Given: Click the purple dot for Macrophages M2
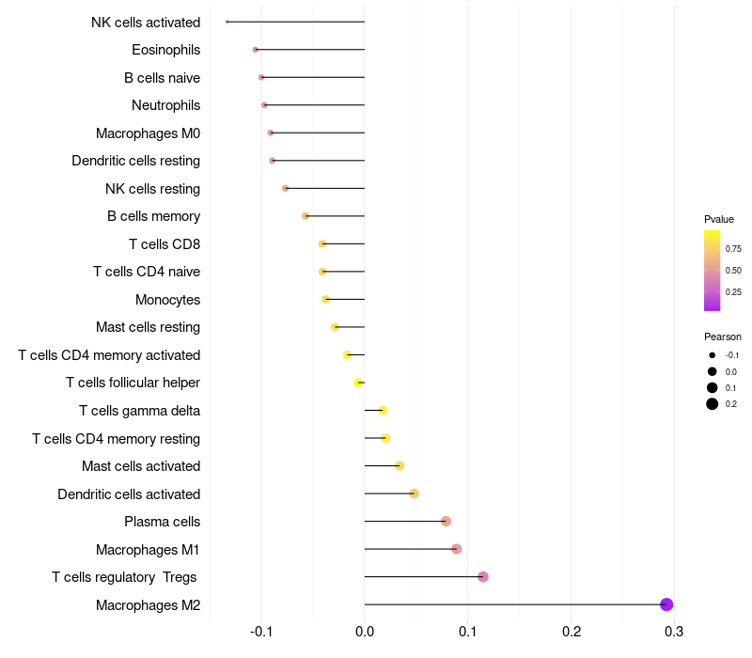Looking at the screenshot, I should (x=666, y=604).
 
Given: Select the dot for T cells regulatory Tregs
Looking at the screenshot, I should (x=483, y=576).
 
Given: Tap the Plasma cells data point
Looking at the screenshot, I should (x=446, y=521).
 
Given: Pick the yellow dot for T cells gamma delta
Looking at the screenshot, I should (x=383, y=410).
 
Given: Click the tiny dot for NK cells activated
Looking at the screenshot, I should (x=227, y=22).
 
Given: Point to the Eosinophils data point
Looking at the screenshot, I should (x=256, y=49).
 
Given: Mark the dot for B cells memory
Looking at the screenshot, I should (x=305, y=216).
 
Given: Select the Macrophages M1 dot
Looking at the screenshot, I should (x=457, y=549).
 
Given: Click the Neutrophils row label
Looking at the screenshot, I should (x=165, y=105).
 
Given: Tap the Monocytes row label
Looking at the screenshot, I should (x=167, y=300).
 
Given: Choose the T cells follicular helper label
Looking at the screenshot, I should (x=133, y=383).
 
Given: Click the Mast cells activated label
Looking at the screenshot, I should (x=141, y=466).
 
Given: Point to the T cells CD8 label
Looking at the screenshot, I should (x=164, y=244).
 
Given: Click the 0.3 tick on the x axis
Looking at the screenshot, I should (x=673, y=631).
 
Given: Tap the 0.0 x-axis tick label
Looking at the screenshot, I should (x=365, y=631).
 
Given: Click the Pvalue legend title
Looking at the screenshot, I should (x=719, y=219).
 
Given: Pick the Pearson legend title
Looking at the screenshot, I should (x=722, y=337).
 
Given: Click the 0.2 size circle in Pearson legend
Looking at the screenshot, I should (x=713, y=404).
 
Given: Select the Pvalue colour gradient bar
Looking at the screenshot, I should (x=713, y=270).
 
